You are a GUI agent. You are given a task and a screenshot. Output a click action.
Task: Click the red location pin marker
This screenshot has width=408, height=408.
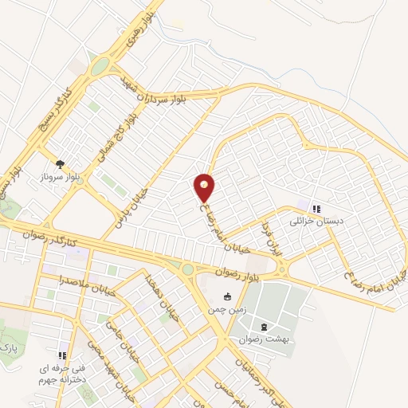205,186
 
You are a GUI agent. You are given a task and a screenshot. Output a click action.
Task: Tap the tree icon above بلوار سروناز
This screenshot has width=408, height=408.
61,163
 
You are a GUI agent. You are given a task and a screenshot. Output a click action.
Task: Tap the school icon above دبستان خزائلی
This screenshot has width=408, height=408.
316,210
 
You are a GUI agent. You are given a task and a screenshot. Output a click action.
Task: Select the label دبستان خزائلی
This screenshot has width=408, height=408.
317,222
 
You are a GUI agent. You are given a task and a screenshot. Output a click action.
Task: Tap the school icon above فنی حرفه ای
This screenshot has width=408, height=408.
61,356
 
